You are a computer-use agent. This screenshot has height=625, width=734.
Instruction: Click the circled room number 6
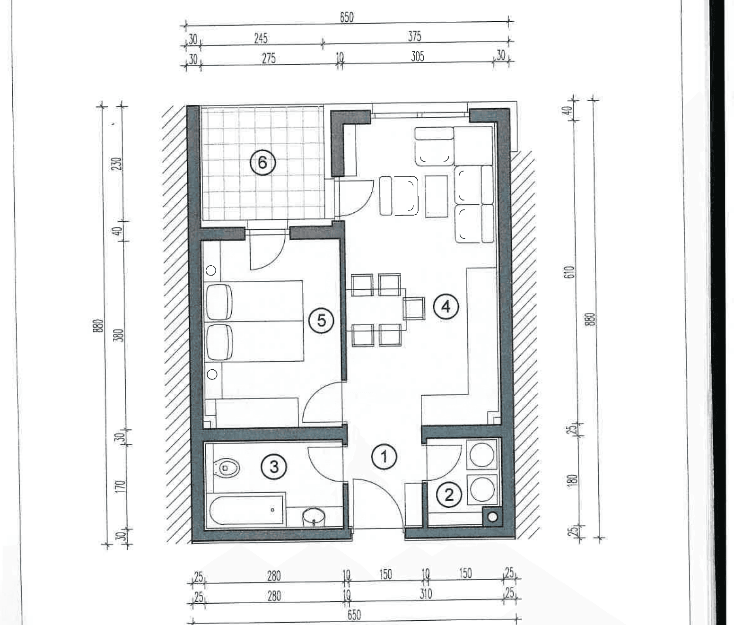tap(262, 163)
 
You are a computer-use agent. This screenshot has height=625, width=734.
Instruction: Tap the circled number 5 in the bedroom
tap(321, 321)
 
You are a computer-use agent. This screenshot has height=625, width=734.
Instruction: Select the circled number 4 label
tap(446, 306)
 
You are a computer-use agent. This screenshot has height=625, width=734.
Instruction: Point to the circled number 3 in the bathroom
tap(274, 467)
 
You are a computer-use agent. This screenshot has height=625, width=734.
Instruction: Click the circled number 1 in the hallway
tap(384, 456)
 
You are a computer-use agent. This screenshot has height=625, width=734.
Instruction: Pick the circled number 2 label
tap(449, 495)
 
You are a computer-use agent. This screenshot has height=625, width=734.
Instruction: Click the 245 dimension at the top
tap(261, 38)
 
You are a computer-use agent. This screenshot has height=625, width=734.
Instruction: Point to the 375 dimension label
tap(414, 36)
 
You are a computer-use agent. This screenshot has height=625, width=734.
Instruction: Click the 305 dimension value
tap(418, 56)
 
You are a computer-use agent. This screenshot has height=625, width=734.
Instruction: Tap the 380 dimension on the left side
tap(121, 335)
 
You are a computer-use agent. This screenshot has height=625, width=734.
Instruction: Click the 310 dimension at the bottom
tap(426, 594)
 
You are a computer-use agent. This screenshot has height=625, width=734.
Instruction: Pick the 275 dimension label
tap(269, 58)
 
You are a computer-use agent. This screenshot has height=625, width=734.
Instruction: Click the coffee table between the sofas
tap(437, 196)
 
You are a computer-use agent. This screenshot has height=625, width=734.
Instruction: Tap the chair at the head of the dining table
tap(414, 308)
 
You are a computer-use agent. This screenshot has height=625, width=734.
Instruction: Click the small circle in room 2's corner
tap(492, 517)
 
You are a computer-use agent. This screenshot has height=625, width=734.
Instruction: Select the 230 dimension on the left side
tap(118, 164)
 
